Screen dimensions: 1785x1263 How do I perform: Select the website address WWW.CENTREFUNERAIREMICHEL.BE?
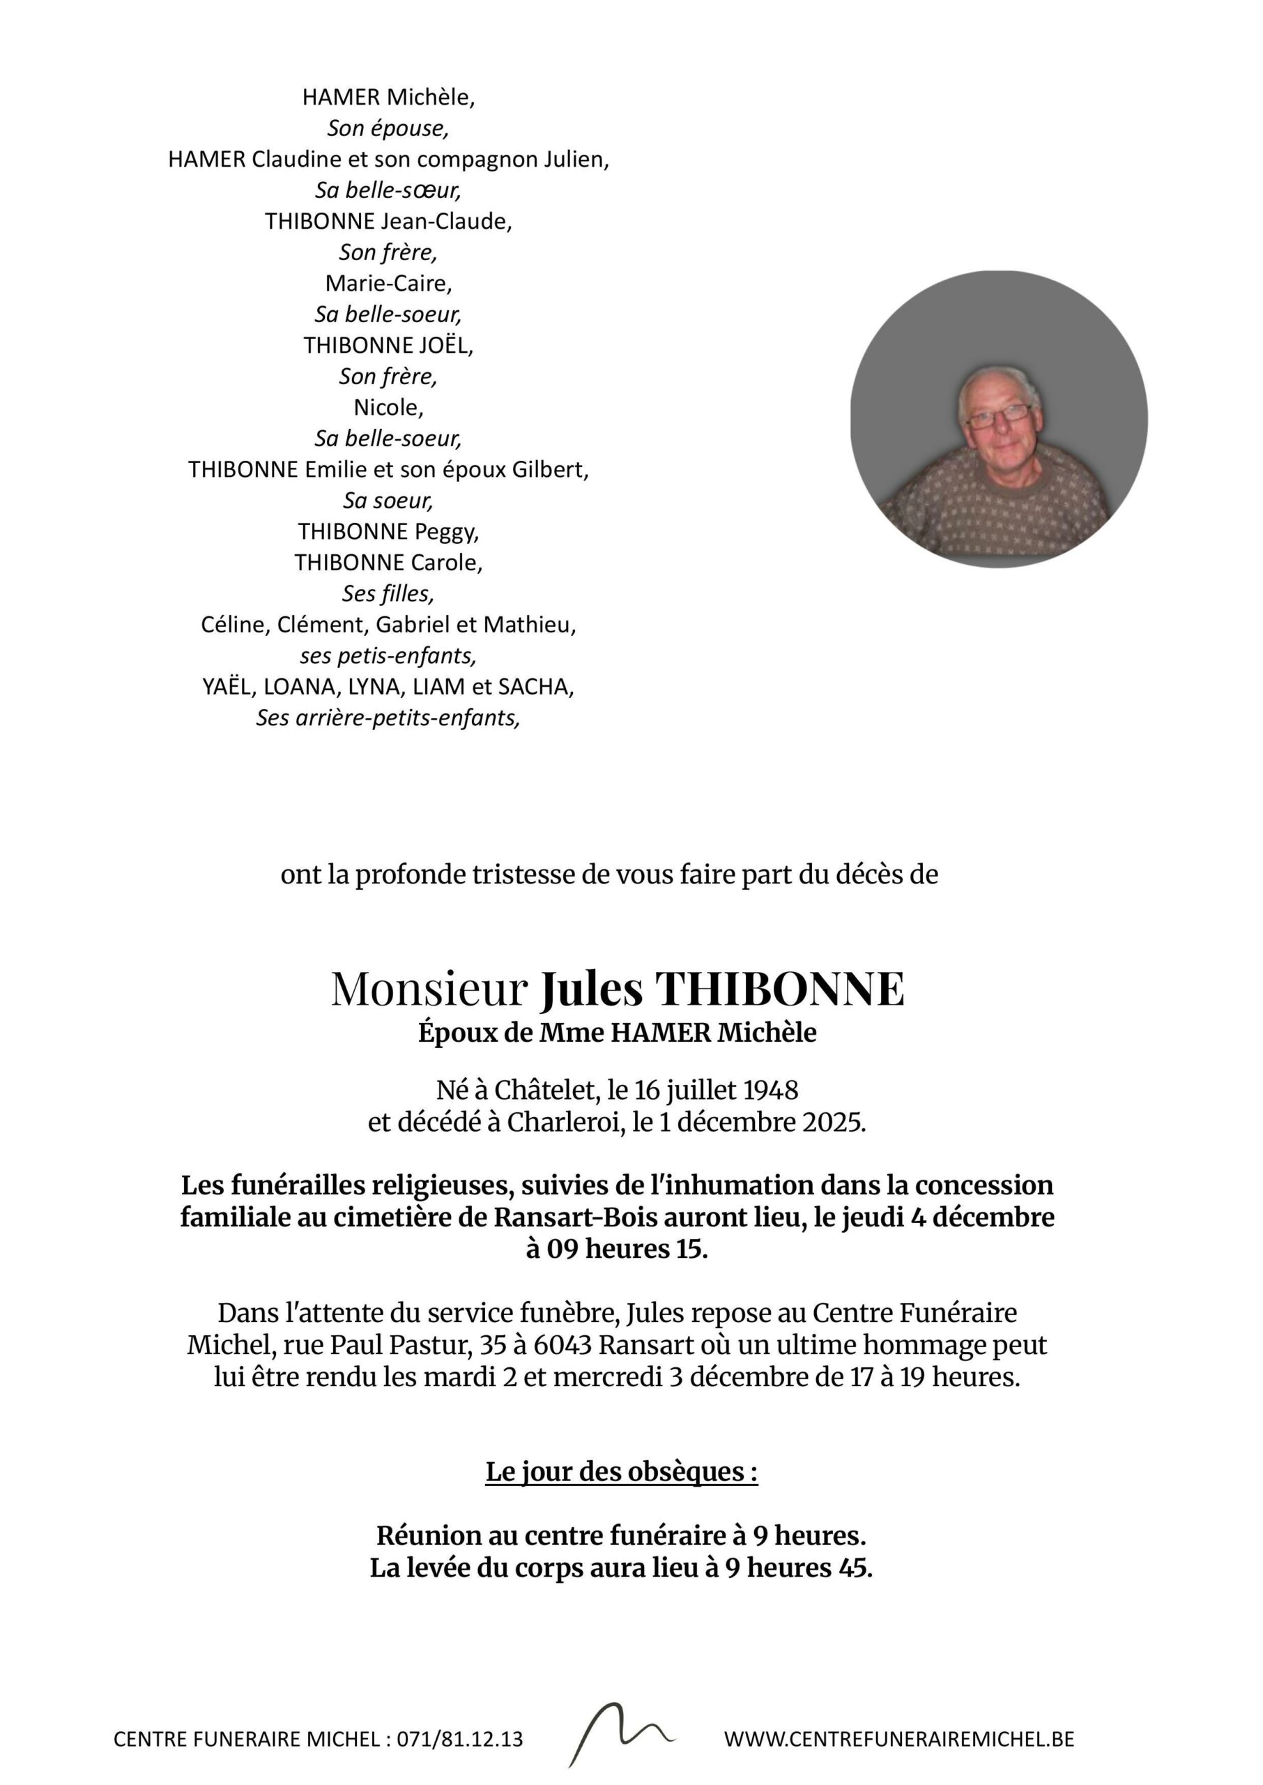pyautogui.click(x=899, y=1739)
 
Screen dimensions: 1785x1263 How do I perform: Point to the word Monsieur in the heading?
pyautogui.click(x=429, y=989)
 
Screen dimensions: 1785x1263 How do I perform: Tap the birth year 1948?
pyautogui.click(x=771, y=1091)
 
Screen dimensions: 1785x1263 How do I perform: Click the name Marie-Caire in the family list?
pyautogui.click(x=388, y=283)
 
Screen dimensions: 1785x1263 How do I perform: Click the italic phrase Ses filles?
pyautogui.click(x=388, y=594)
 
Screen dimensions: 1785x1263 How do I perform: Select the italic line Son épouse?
pyautogui.click(x=388, y=128)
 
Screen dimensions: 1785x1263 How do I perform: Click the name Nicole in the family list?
pyautogui.click(x=388, y=408)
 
